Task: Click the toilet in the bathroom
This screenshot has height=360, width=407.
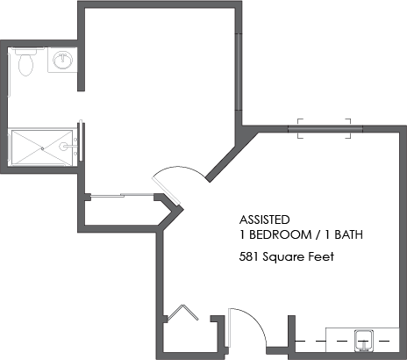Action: tap(25, 62)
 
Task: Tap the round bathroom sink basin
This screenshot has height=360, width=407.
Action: tap(63, 61)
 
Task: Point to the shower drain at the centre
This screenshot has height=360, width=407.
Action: tap(42, 148)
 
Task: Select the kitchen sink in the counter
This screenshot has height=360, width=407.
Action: tap(363, 341)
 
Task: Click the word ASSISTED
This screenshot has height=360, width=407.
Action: tap(265, 220)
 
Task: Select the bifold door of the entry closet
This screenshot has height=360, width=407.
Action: tap(182, 313)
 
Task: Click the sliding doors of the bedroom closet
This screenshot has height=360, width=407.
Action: tap(122, 195)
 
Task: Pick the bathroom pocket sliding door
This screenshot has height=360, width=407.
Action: tap(82, 140)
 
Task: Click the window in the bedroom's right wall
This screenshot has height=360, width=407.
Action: tap(239, 72)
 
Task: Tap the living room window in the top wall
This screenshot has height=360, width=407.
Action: tap(325, 129)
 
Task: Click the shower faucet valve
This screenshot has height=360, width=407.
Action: tap(63, 146)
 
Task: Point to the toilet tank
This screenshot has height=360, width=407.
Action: tap(25, 51)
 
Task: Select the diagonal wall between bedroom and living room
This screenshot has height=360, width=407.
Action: tap(232, 155)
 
